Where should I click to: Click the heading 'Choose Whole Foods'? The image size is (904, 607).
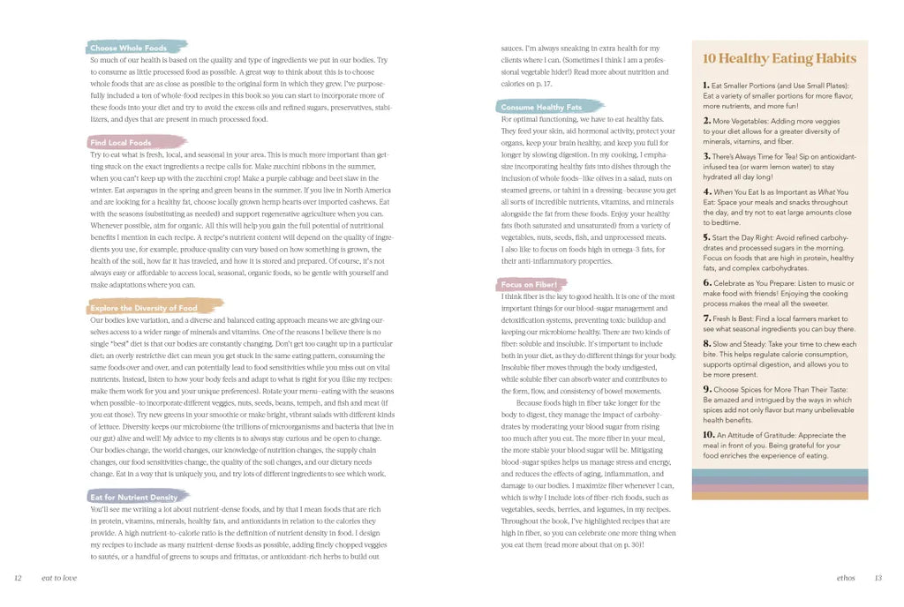point(129,48)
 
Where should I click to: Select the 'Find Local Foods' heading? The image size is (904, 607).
point(121,142)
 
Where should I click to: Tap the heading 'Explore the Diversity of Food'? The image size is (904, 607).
point(144,308)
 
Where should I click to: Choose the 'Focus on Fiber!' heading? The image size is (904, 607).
point(529,285)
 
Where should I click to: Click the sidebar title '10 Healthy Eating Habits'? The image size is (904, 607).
point(779,59)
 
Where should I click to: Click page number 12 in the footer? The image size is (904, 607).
point(18,579)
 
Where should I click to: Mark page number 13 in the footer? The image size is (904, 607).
point(878,579)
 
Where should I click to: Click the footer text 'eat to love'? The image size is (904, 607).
point(58,579)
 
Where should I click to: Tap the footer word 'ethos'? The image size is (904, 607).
point(845,579)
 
